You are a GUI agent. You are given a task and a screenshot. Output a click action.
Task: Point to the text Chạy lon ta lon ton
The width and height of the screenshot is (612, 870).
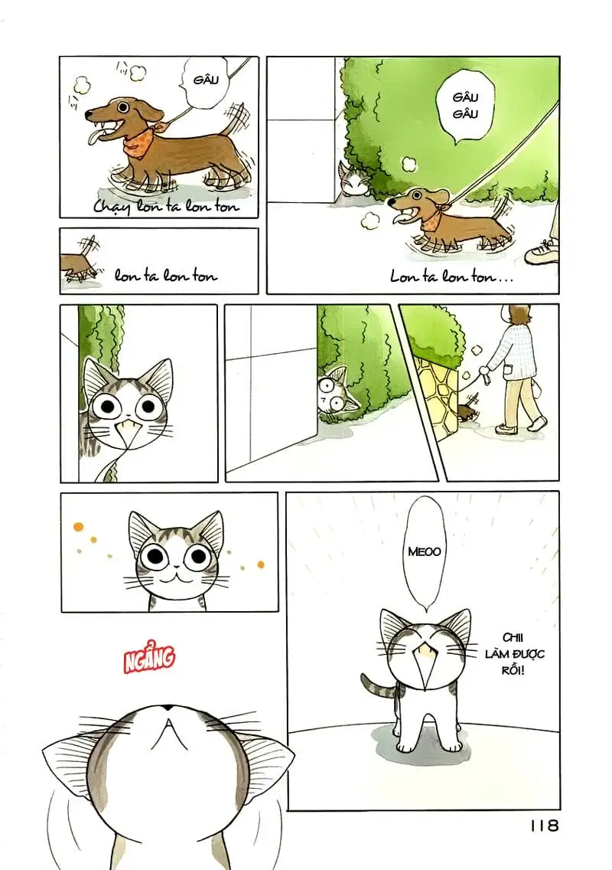click(x=166, y=206)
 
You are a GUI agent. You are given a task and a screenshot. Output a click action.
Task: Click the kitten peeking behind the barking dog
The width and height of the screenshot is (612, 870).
click(x=353, y=180)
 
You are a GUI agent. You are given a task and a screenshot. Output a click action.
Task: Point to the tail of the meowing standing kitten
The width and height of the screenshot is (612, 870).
click(x=371, y=682)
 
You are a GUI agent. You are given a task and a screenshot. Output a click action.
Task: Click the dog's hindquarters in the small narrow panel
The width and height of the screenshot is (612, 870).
click(x=77, y=264)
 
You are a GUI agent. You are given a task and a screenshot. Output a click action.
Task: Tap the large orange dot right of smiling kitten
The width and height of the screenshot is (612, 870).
click(x=260, y=564)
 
